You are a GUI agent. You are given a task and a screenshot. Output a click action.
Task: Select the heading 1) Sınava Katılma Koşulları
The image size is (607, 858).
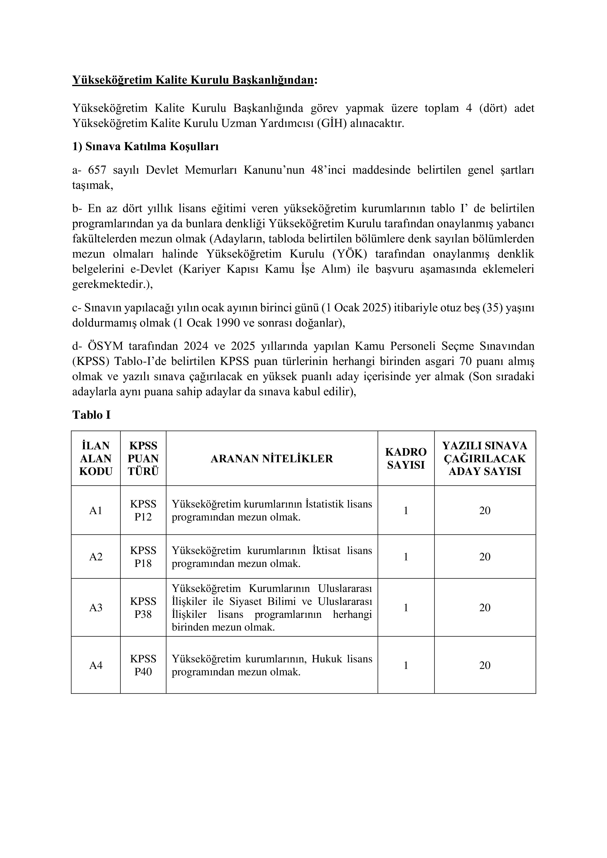coord(145,147)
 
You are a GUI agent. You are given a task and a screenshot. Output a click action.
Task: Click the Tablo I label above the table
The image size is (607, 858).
coord(91,415)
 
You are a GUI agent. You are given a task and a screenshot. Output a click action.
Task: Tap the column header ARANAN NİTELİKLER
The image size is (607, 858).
coord(272,459)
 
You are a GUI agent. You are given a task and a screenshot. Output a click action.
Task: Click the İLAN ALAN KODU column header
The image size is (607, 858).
coord(96,459)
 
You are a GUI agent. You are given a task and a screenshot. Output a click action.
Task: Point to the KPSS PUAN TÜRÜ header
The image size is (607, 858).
coord(143,459)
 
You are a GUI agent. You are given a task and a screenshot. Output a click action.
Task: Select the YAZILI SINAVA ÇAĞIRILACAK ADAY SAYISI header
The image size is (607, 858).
coord(485,459)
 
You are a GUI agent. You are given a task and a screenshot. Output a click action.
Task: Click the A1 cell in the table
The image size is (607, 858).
coord(96,510)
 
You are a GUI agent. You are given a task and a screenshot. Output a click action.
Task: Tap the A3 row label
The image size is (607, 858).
coord(96,608)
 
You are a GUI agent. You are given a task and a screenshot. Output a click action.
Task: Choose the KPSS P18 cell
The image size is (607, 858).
coord(143,557)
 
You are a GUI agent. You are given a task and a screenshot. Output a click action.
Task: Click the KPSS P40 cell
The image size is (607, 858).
coord(143,665)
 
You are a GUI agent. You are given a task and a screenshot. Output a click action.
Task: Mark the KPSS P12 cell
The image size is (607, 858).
coord(143,510)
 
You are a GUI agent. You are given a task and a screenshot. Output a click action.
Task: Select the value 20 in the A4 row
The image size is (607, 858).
coord(485,665)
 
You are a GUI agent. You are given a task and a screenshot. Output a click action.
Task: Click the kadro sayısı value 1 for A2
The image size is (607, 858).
coord(406,557)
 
